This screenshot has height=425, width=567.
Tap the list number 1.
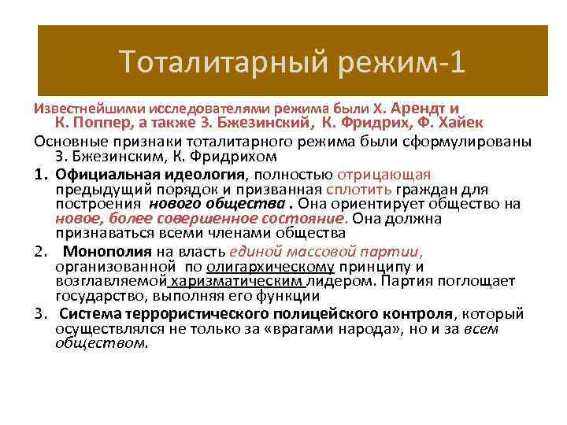tap(39, 174)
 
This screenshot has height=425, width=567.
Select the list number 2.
tap(39, 252)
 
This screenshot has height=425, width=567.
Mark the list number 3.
tap(39, 314)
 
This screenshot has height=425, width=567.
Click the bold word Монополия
tap(108, 252)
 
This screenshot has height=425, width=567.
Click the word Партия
tap(414, 282)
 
